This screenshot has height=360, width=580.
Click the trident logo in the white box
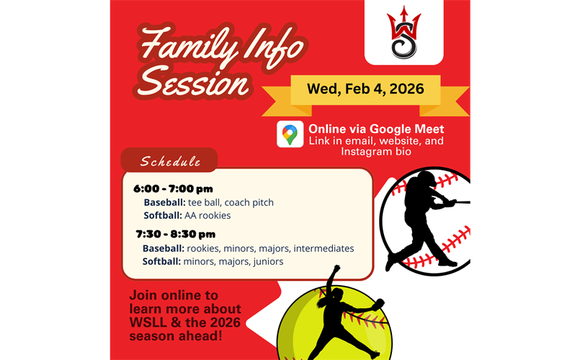pos(403,33)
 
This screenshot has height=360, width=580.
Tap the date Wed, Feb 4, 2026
pos(365,89)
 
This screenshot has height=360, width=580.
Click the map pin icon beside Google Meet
pos(290,135)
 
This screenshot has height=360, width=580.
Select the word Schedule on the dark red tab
pos(170,161)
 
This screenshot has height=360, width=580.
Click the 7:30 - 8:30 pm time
pos(175,234)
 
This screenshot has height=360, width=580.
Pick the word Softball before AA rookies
pos(163,215)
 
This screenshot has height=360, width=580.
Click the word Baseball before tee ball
pos(164,202)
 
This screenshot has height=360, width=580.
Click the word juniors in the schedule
pos(267,261)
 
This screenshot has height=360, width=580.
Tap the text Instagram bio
pos(376,152)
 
